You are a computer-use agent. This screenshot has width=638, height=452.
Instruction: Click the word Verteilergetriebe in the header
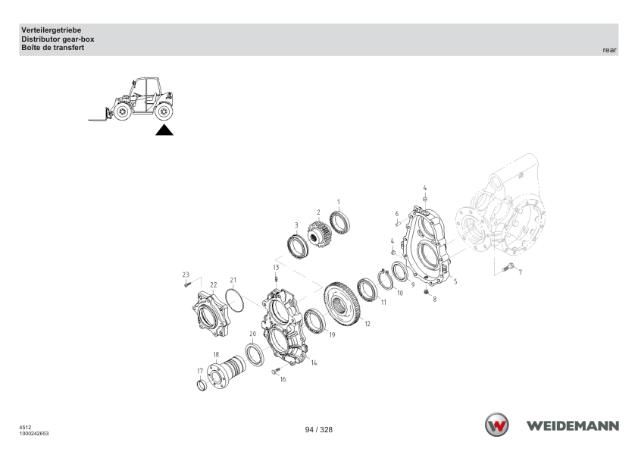tap(52, 30)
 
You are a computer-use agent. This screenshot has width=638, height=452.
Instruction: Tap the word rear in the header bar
tap(609, 50)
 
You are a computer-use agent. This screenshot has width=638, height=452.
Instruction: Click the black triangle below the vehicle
tap(164, 130)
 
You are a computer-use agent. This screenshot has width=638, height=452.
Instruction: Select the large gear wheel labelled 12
tap(342, 303)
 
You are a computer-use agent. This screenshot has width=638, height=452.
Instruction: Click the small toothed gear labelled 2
tap(319, 234)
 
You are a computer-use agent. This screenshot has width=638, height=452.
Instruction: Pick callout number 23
tap(186, 275)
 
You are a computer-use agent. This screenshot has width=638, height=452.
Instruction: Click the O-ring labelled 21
tap(234, 300)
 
